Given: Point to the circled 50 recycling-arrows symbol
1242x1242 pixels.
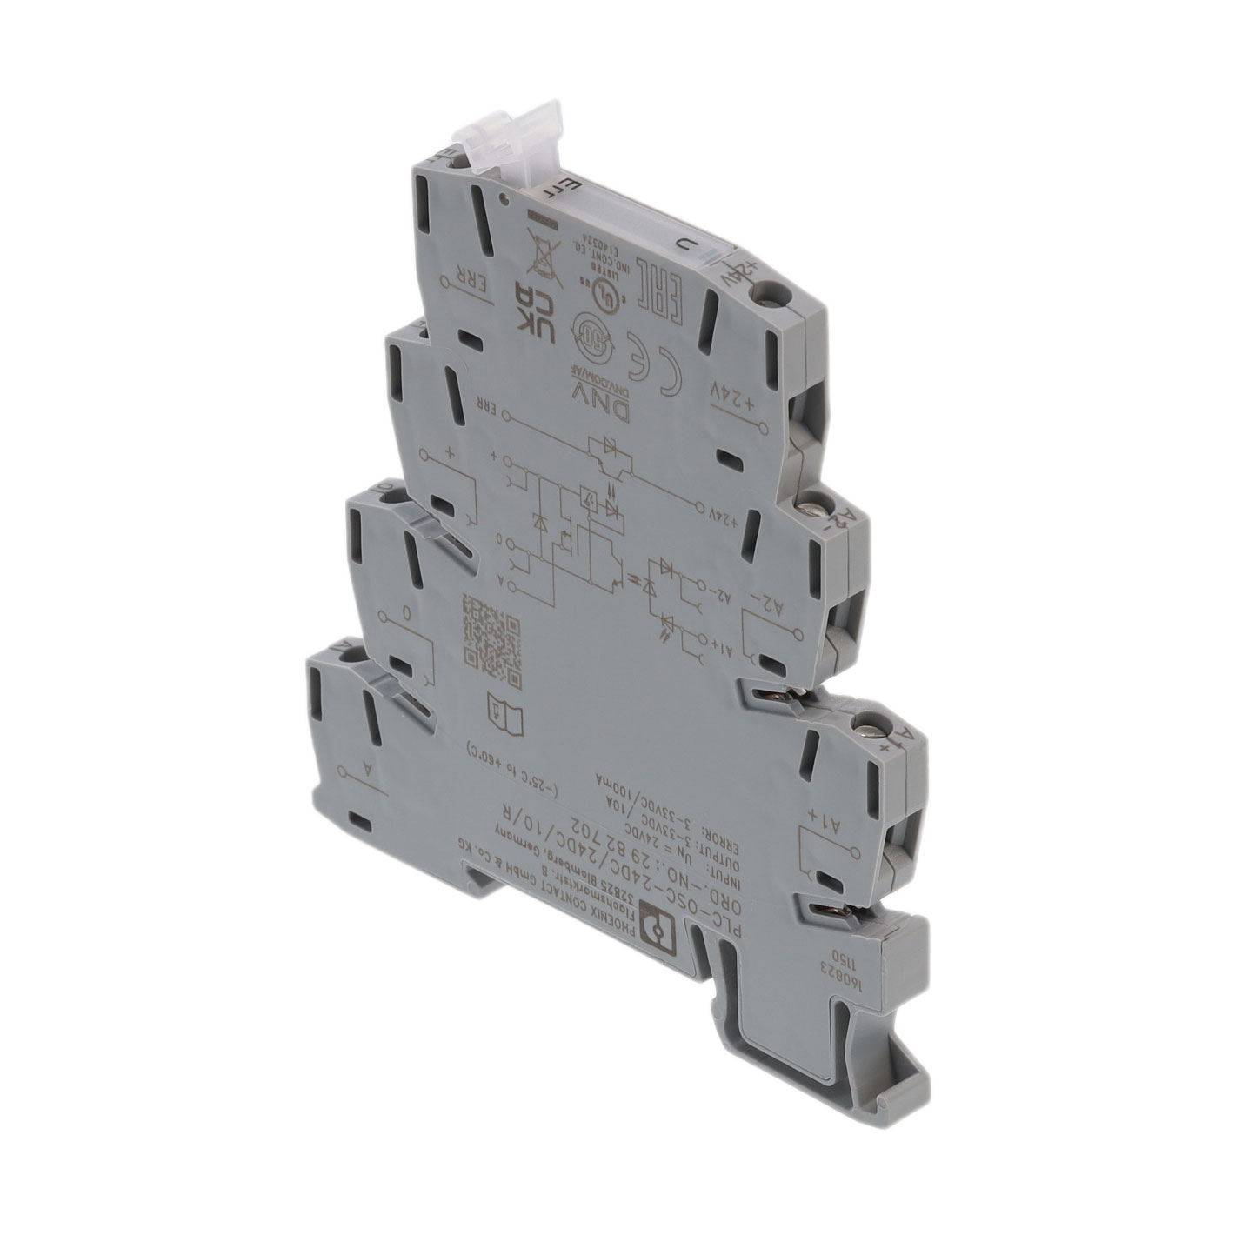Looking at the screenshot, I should click(592, 334).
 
